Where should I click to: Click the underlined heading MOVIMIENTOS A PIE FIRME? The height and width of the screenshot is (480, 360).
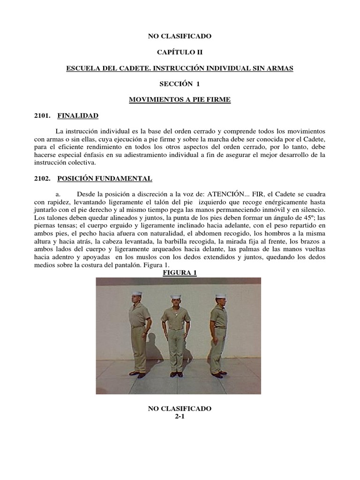180,100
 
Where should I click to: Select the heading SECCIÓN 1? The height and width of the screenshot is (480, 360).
180,84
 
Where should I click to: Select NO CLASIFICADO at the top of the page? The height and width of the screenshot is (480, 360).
180,36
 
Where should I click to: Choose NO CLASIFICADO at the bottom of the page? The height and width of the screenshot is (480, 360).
180,409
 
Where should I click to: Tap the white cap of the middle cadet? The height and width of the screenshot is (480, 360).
176,296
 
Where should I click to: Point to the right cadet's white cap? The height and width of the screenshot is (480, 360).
220,296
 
